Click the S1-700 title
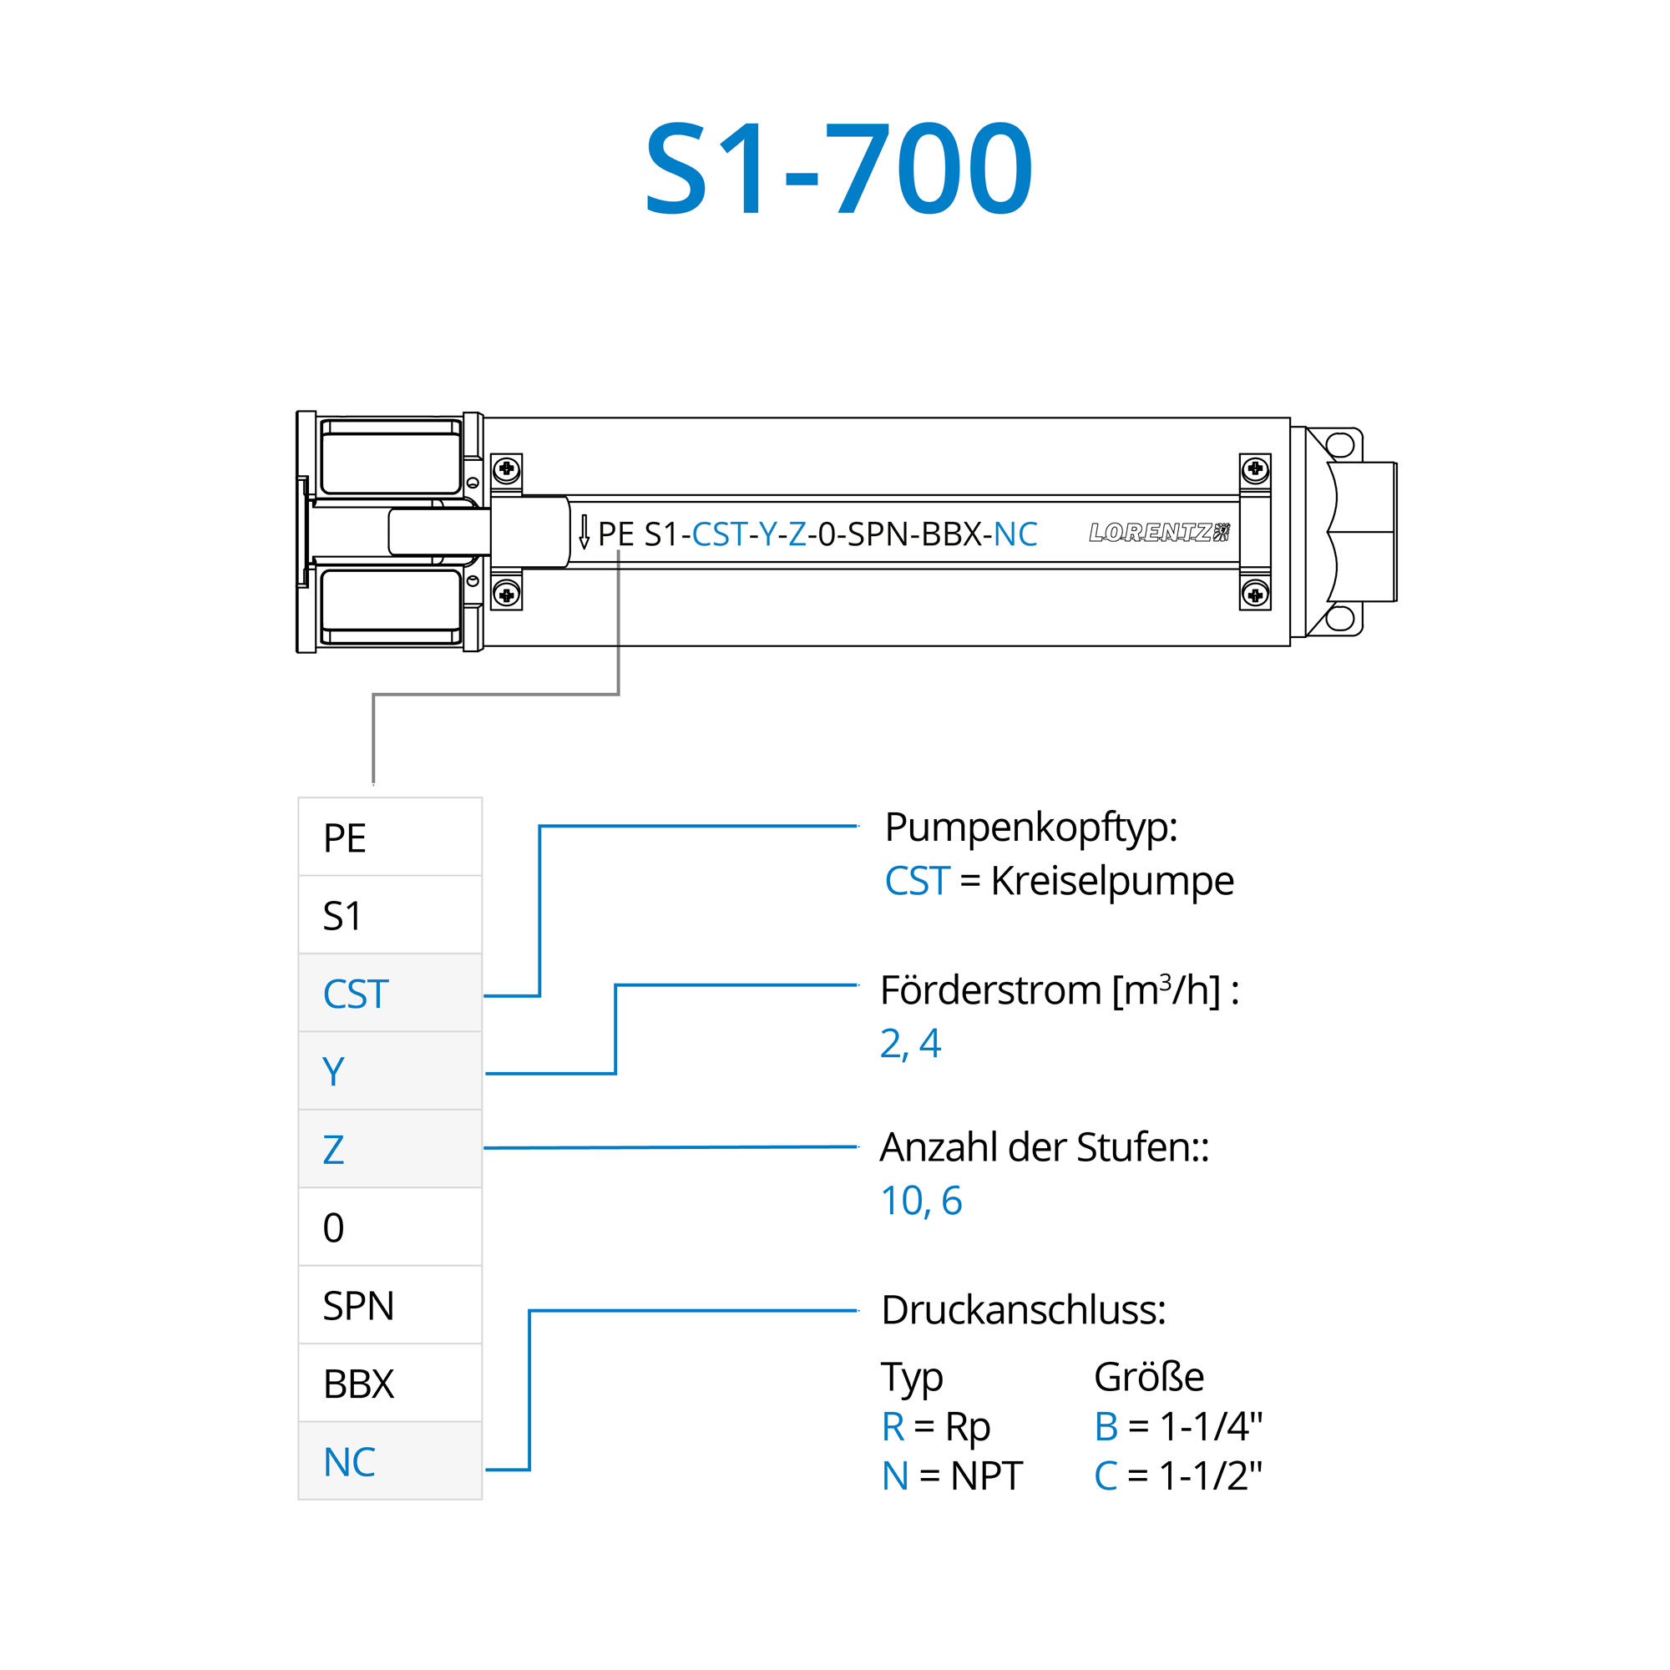838,168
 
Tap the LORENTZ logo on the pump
1159,533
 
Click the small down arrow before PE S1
584,532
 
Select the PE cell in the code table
390,837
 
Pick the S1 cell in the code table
390,914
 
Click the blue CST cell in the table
390,993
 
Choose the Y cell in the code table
390,1071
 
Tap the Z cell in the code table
390,1149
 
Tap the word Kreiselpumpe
1112,881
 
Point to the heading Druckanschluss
1023,1310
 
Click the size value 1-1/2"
1210,1475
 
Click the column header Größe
1149,1377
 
